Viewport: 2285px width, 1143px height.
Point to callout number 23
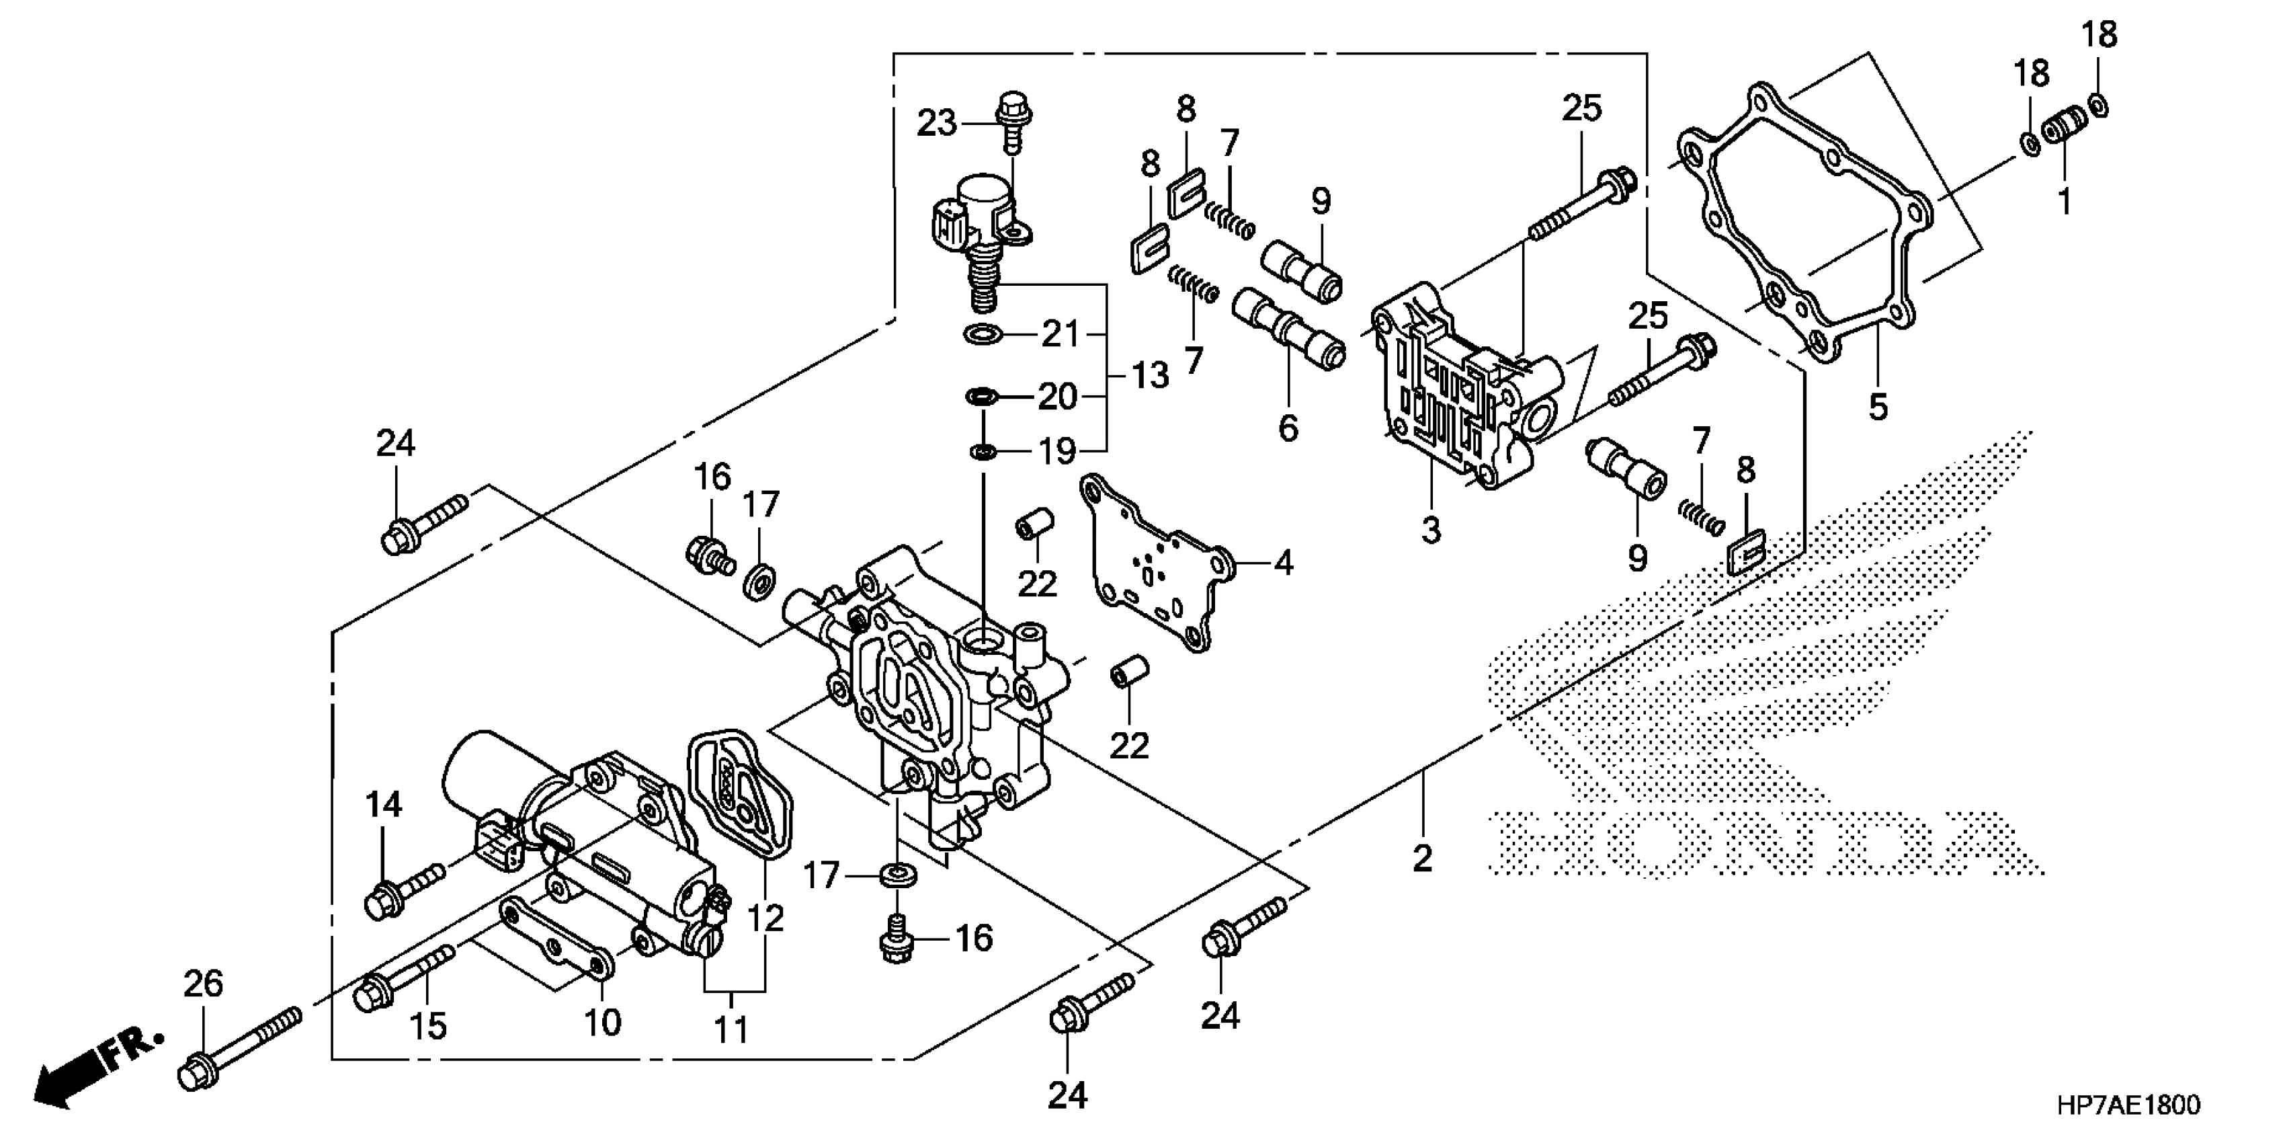tap(937, 123)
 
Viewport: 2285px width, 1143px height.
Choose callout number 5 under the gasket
tap(1878, 407)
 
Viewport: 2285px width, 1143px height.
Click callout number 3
tap(1431, 530)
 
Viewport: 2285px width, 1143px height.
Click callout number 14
tap(384, 805)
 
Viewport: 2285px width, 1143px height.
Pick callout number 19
tap(1057, 452)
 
